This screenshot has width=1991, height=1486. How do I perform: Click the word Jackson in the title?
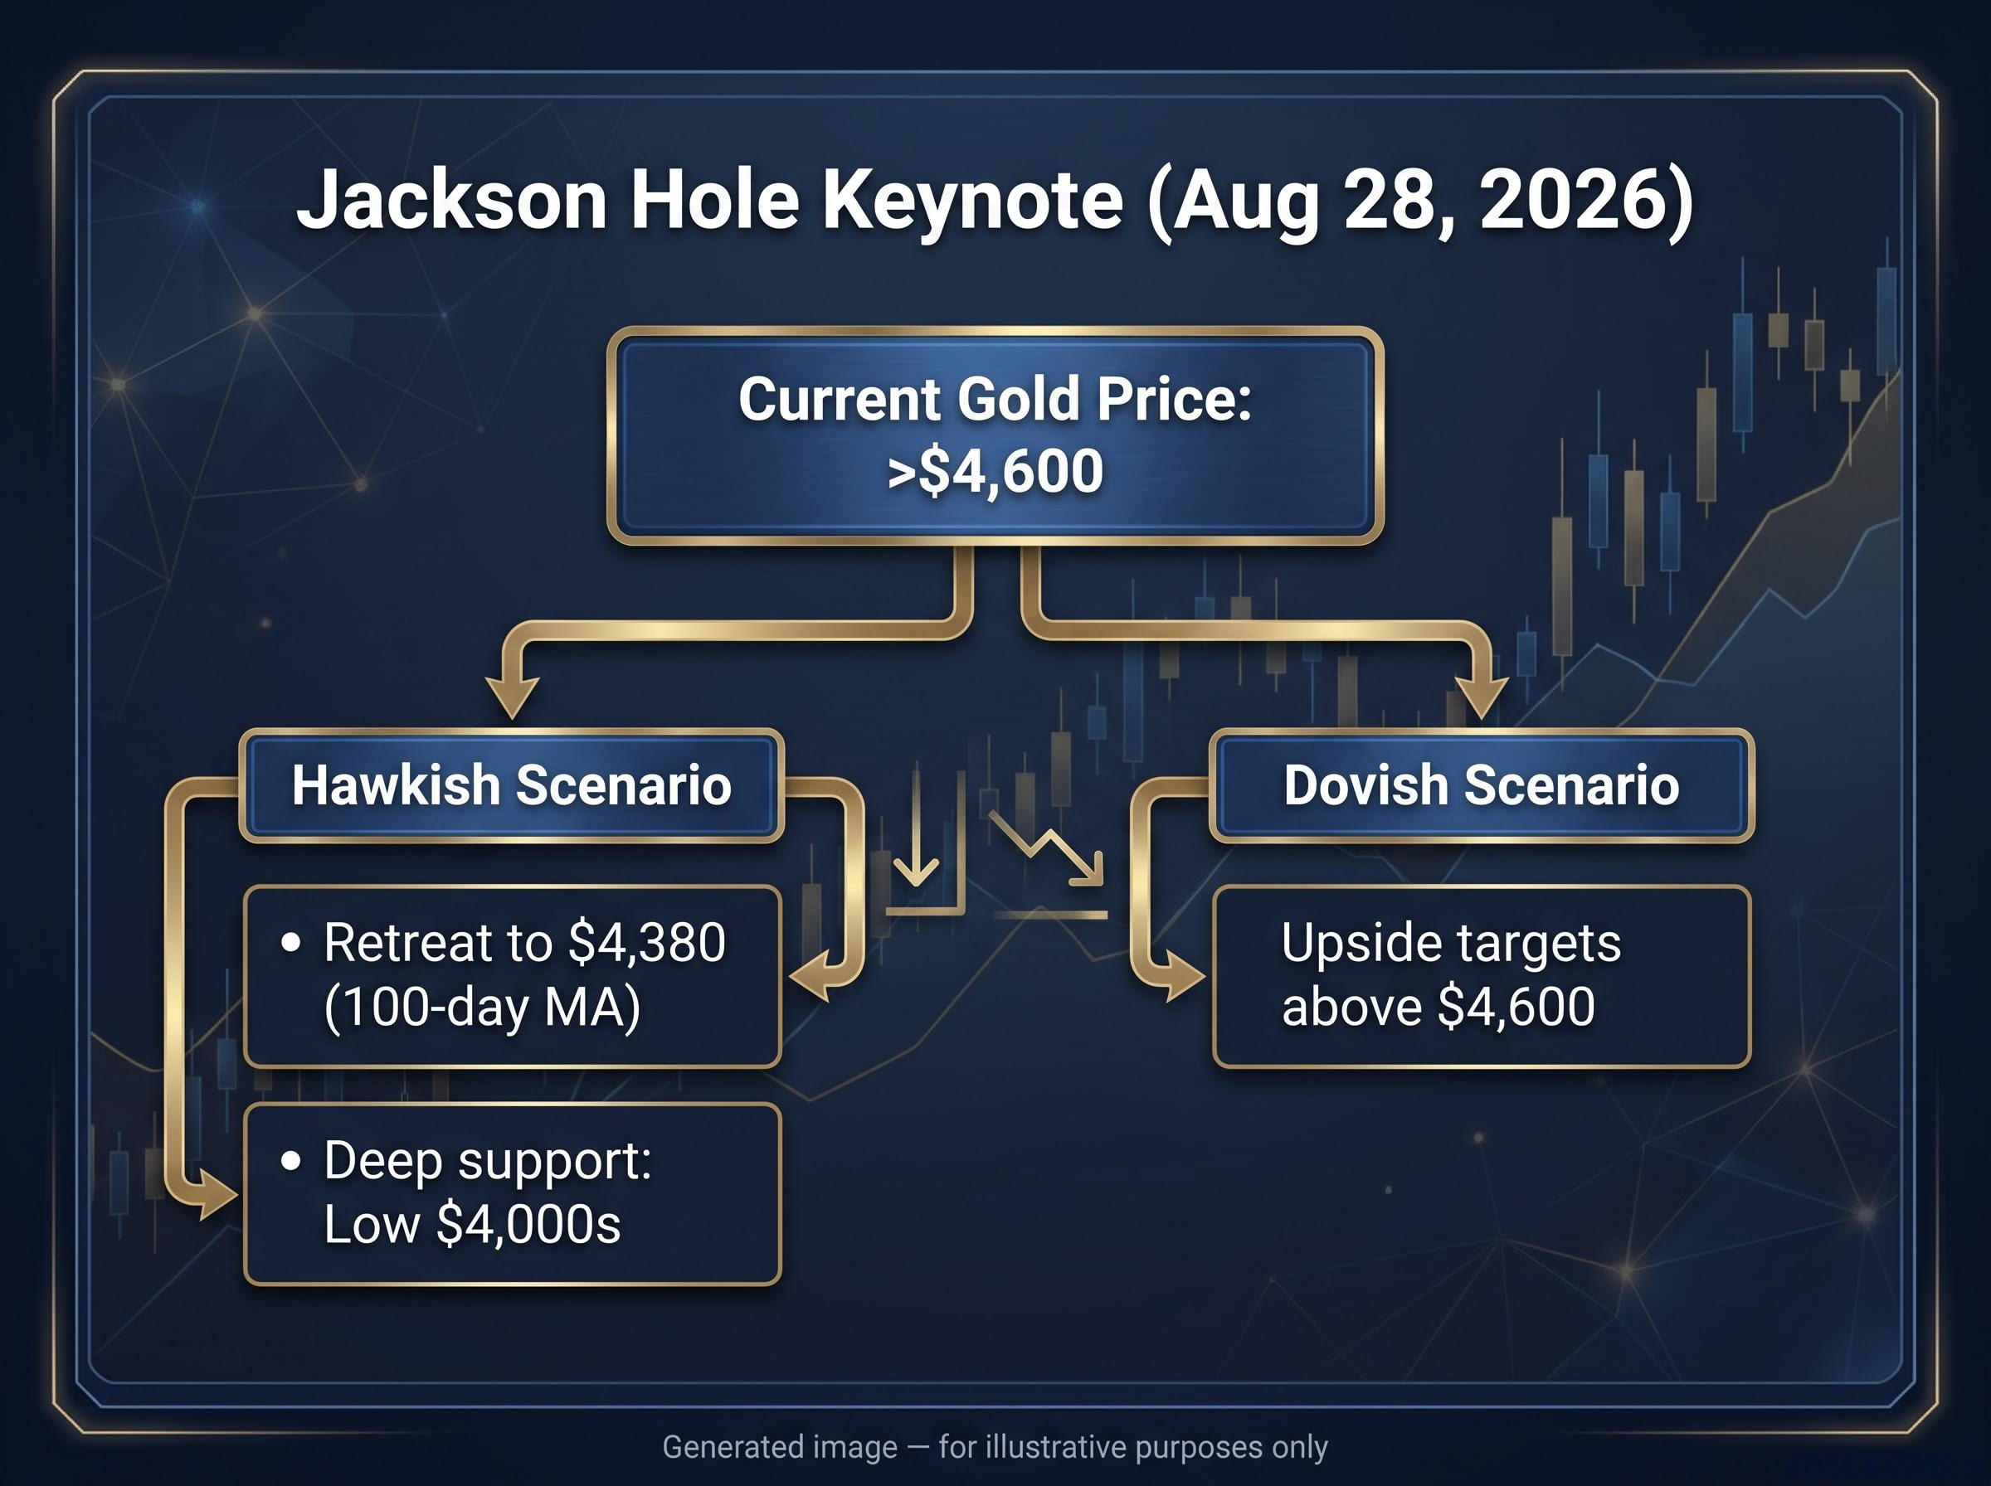pyautogui.click(x=453, y=202)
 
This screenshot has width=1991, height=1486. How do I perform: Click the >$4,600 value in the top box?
pyautogui.click(x=995, y=471)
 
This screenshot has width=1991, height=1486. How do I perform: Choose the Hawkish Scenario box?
pyautogui.click(x=511, y=785)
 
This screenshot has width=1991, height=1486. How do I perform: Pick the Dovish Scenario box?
pyautogui.click(x=1482, y=785)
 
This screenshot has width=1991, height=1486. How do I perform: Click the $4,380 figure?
pyautogui.click(x=647, y=943)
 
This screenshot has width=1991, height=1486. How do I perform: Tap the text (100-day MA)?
pyautogui.click(x=482, y=1007)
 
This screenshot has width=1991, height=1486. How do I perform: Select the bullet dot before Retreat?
pyautogui.click(x=290, y=943)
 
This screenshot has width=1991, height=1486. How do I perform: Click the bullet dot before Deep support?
pyautogui.click(x=290, y=1160)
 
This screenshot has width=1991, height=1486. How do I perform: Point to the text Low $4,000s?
pyautogui.click(x=472, y=1224)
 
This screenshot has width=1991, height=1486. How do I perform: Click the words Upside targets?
pyautogui.click(x=1451, y=944)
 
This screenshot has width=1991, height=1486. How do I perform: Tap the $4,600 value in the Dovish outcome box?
pyautogui.click(x=1516, y=1007)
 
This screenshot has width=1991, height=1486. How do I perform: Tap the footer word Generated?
pyautogui.click(x=780, y=1447)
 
